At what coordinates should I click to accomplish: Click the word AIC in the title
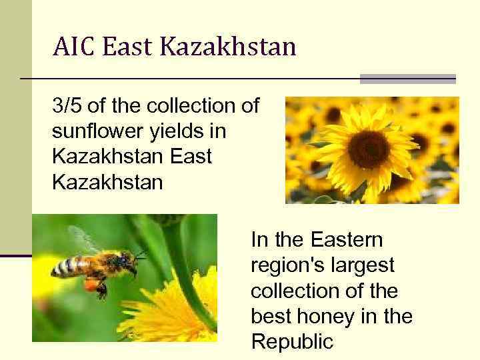pos(74,47)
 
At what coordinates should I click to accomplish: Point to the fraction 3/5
pos(67,107)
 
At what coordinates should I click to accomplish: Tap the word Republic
pos(291,342)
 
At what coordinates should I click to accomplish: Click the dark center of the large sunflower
pos(369,149)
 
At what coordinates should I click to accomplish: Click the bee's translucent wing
pos(83,240)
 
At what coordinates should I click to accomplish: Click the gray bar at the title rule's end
pos(407,79)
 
